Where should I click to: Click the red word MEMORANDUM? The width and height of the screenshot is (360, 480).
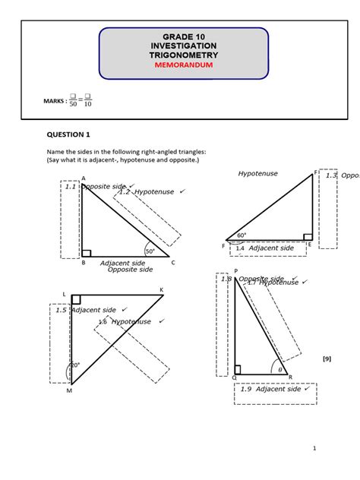184,66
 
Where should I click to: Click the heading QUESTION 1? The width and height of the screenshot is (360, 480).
69,134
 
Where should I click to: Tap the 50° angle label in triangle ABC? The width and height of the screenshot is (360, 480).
150,251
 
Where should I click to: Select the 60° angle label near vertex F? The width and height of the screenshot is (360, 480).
242,235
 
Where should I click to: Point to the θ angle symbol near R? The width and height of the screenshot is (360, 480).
279,369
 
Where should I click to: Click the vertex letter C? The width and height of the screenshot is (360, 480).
173,263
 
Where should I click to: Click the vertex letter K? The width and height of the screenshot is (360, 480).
161,290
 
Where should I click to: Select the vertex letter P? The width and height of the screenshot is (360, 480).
235,271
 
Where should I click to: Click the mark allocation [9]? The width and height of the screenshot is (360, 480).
327,358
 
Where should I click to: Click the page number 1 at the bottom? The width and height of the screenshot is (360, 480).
314,448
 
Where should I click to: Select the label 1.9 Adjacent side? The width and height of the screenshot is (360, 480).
274,389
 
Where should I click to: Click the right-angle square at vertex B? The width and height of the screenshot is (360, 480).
87,253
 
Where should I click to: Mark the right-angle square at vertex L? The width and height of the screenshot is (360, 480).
76,300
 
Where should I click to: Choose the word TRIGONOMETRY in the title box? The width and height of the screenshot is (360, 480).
184,55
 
